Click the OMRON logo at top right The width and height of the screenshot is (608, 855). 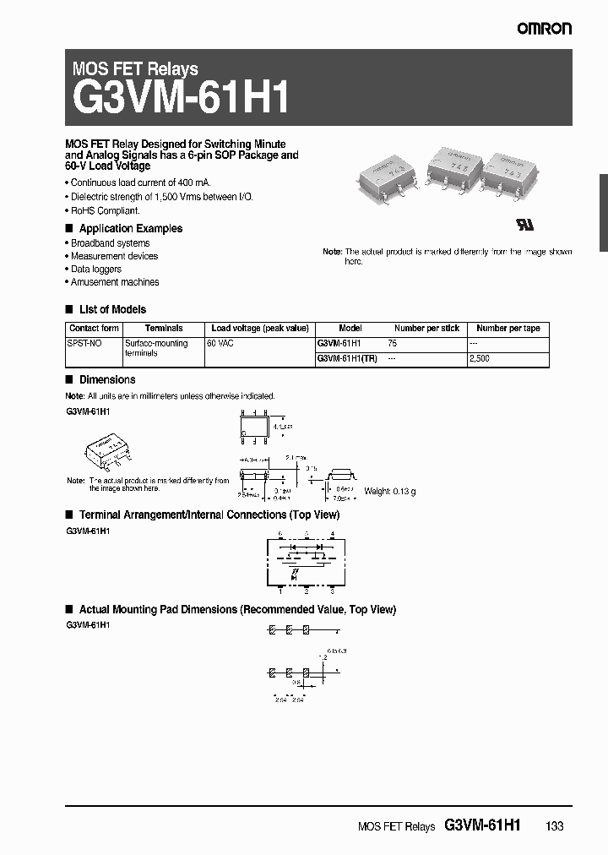[545, 29]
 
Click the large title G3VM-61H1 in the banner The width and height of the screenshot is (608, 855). [182, 98]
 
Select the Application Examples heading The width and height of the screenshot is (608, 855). [130, 228]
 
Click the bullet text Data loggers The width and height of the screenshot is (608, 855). [95, 269]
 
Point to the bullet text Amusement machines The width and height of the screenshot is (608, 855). [114, 282]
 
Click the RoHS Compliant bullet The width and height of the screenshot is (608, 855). [105, 210]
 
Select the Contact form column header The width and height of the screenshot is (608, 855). [94, 329]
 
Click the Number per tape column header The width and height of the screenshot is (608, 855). [508, 329]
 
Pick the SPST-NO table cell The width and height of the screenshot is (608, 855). [84, 344]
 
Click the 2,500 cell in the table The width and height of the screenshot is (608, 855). [479, 358]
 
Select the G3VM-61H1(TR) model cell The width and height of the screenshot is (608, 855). [347, 358]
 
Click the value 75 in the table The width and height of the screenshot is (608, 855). [392, 344]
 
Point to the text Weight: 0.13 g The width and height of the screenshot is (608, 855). [389, 491]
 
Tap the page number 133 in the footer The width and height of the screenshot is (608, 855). [554, 826]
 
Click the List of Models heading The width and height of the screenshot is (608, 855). [112, 309]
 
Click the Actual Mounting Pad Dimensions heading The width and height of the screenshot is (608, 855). [236, 609]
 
